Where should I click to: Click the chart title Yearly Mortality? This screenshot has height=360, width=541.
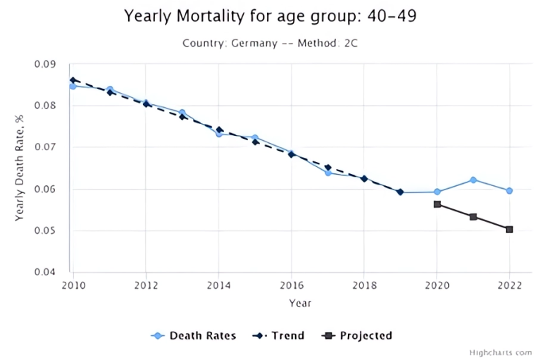coord(270,15)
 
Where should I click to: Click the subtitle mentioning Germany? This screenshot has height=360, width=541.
coord(269,43)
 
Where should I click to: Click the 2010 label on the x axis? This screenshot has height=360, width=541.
coord(73,285)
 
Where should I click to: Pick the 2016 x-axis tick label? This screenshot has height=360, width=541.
coord(291,285)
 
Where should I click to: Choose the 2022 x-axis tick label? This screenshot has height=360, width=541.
coord(509,285)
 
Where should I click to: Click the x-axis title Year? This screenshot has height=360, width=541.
coord(299,303)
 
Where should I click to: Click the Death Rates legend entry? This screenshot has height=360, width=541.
coord(194,335)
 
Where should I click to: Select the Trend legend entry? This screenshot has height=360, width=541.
coord(278,335)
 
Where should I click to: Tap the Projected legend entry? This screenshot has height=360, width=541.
coord(356,335)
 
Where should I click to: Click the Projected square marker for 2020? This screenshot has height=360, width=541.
coord(437,204)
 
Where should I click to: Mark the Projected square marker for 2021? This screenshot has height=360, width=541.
coord(473,217)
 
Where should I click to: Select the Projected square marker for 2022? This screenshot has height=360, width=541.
coord(509,229)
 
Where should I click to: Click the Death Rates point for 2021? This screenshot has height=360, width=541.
coord(473,180)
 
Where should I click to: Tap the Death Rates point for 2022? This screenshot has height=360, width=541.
coord(509,190)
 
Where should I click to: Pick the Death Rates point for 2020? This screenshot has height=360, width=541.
coord(437,192)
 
